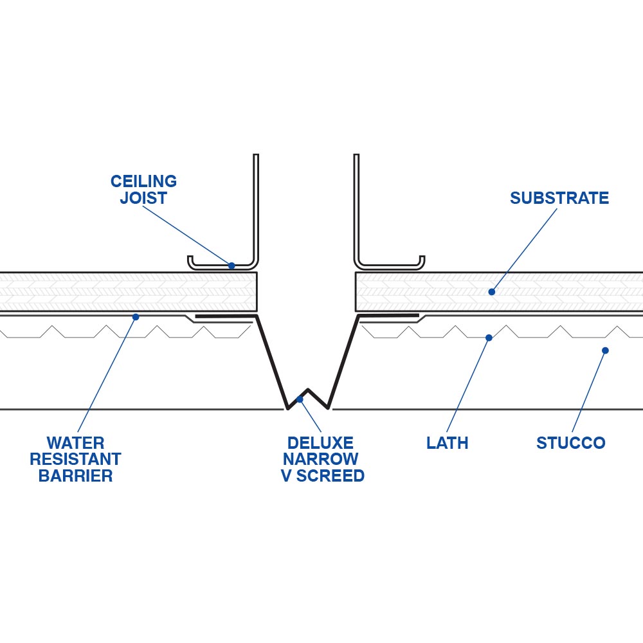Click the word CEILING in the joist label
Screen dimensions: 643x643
[143, 181]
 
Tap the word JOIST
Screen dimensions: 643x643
[143, 198]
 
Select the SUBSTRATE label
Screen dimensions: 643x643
[559, 198]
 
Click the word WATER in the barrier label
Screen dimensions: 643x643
[75, 443]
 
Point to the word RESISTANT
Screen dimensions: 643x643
[75, 460]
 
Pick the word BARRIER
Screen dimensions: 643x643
[75, 476]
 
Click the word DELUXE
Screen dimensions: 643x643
[320, 443]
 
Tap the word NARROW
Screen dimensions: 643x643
[320, 460]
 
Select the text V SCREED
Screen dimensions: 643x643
[322, 476]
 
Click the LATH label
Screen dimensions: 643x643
[447, 443]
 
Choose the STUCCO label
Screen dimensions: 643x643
[570, 443]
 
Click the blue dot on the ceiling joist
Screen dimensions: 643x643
[231, 265]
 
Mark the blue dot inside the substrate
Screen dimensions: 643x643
[491, 292]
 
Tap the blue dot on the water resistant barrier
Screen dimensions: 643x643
[136, 316]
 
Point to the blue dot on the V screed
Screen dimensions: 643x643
[300, 399]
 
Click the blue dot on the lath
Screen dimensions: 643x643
[489, 338]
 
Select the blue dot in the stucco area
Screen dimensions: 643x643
[605, 350]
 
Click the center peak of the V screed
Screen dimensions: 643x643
[308, 390]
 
